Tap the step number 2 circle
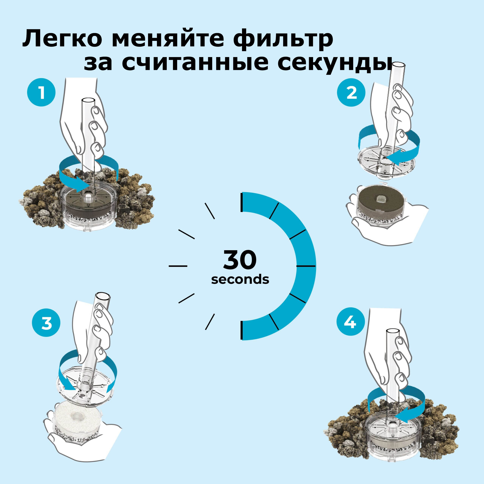(x=351, y=93)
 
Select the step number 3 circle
(x=46, y=323)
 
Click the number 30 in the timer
(x=240, y=260)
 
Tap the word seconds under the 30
(x=240, y=279)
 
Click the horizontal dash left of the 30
(x=178, y=266)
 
